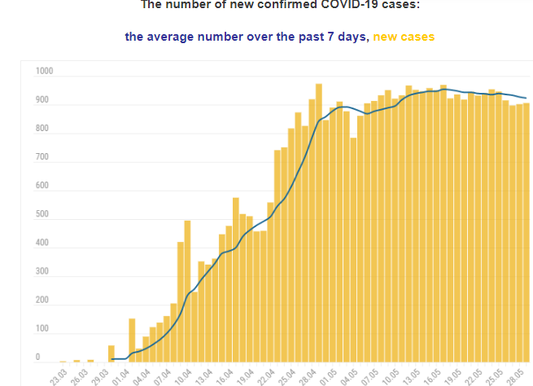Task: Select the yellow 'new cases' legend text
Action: (404, 37)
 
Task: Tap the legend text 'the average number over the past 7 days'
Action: (247, 37)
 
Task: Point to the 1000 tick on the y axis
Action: (44, 72)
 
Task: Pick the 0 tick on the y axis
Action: (38, 357)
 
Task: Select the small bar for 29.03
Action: (111, 354)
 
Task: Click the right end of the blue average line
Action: (526, 99)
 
